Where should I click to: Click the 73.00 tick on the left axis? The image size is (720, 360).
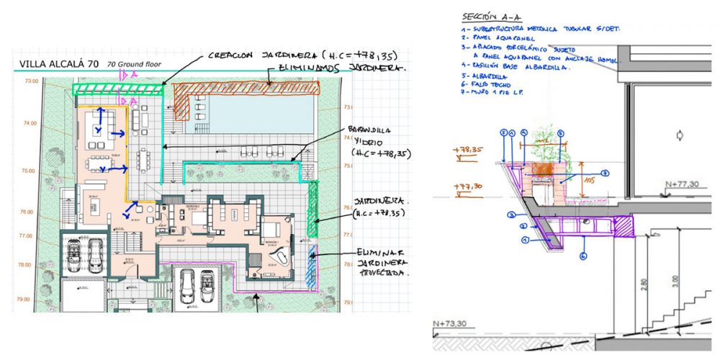pos(31,81)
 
